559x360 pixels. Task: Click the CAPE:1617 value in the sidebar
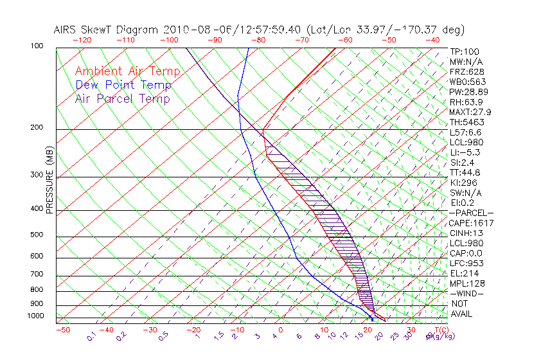[x=466, y=223]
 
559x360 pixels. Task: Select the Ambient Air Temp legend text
[x=127, y=71]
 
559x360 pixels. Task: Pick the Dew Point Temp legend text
[x=123, y=85]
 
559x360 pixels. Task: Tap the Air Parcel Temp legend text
[x=122, y=98]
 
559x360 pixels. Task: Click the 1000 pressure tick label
[x=36, y=316]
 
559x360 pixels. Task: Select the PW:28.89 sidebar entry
[x=468, y=92]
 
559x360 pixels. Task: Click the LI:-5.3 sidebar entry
[x=465, y=152]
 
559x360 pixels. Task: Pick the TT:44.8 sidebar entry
[x=466, y=172]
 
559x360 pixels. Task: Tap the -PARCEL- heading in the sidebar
[x=471, y=213]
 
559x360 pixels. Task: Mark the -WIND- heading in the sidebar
[x=467, y=293]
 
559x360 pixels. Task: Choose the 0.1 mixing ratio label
[x=91, y=336]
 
